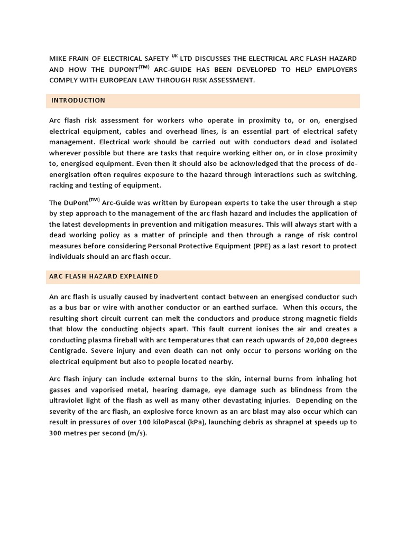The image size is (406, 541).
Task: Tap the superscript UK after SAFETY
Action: (x=174, y=55)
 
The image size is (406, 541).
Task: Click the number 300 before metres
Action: (x=56, y=434)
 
